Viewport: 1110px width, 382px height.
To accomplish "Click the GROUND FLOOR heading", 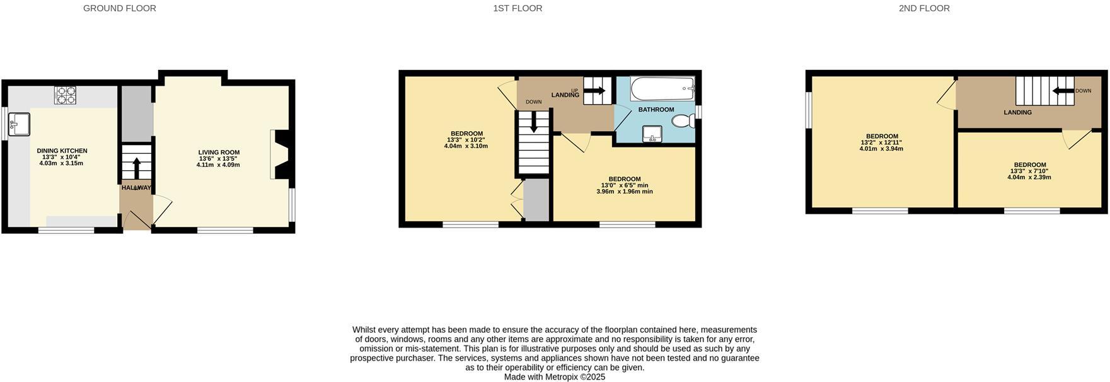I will click(x=120, y=8).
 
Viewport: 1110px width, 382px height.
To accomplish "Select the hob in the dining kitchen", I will click(x=65, y=95).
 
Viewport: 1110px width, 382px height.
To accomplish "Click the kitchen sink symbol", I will click(x=18, y=124).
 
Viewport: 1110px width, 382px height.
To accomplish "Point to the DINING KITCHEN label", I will click(x=62, y=151).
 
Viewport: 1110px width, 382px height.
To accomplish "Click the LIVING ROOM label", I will click(x=219, y=152).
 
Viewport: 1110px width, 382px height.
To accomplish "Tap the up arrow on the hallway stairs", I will click(x=137, y=165).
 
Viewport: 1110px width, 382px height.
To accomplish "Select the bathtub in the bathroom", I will click(x=662, y=89).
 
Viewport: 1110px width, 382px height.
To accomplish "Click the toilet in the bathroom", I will click(x=681, y=120).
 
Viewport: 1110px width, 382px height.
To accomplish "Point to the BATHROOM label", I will click(x=656, y=110).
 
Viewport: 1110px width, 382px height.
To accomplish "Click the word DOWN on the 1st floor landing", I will click(x=534, y=102).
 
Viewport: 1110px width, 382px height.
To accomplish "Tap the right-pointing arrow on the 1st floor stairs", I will click(x=596, y=91).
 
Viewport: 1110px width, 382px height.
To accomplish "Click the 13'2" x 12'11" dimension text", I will click(x=881, y=142).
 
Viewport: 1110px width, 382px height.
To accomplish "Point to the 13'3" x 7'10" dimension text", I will click(x=1029, y=171).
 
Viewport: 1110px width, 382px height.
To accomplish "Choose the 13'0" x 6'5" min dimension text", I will click(x=624, y=185).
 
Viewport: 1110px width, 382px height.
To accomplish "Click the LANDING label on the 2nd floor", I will click(x=1018, y=113).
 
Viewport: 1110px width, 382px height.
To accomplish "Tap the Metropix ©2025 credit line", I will click(x=555, y=377).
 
